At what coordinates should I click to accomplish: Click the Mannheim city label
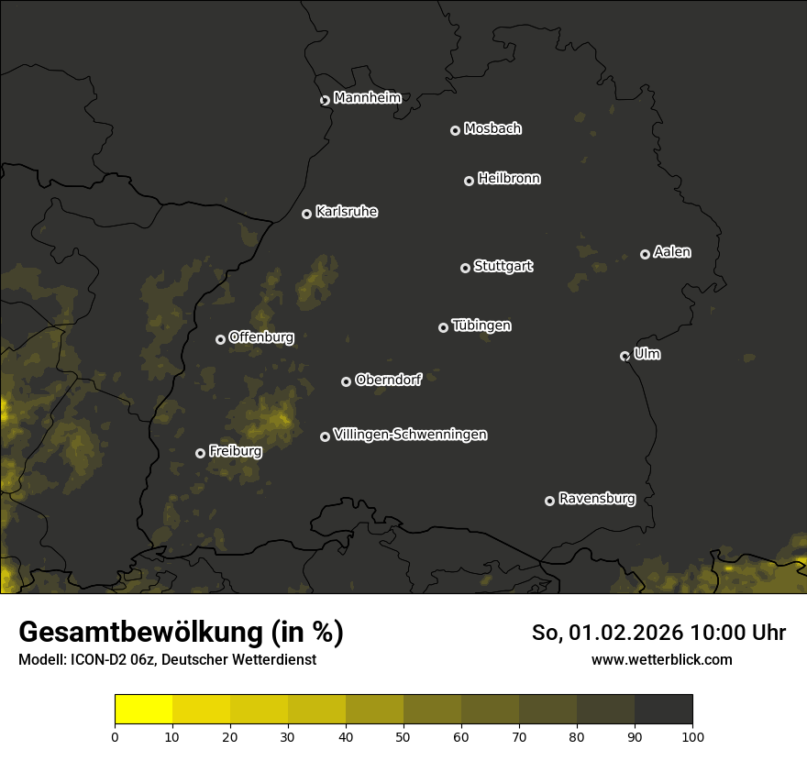pyautogui.click(x=367, y=98)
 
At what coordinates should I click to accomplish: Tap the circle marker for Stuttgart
pyautogui.click(x=465, y=268)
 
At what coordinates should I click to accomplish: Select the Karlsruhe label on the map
pyautogui.click(x=346, y=212)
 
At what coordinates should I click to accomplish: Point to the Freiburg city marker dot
pyautogui.click(x=200, y=453)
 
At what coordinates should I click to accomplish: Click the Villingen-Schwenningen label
pyautogui.click(x=410, y=435)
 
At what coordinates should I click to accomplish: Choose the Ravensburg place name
pyautogui.click(x=596, y=499)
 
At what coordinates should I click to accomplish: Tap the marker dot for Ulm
pyautogui.click(x=625, y=356)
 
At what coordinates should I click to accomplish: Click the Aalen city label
pyautogui.click(x=672, y=252)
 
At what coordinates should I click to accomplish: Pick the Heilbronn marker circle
pyautogui.click(x=469, y=181)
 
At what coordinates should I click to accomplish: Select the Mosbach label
pyautogui.click(x=492, y=129)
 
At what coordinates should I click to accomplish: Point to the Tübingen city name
pyautogui.click(x=481, y=325)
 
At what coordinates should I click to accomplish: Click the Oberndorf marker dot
pyautogui.click(x=346, y=381)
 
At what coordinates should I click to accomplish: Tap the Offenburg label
pyautogui.click(x=261, y=337)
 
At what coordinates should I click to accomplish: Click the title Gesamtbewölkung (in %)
pyautogui.click(x=181, y=633)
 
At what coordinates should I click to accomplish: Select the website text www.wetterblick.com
pyautogui.click(x=661, y=659)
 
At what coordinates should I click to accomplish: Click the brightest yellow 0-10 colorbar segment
pyautogui.click(x=144, y=709)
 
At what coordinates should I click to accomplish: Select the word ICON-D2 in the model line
pyautogui.click(x=96, y=660)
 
